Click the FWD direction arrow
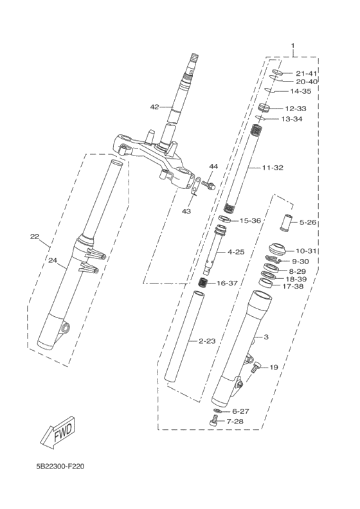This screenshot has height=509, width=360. click(x=59, y=433)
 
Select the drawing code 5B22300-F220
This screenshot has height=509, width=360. click(x=60, y=467)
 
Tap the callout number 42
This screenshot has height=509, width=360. click(x=154, y=107)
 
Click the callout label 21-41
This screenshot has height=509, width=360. click(x=306, y=73)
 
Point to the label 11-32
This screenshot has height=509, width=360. click(x=273, y=168)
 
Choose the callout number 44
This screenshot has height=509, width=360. click(x=213, y=166)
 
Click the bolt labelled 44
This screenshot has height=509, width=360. click(x=208, y=185)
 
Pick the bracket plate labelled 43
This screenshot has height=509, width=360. click(x=195, y=186)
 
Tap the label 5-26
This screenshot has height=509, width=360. click(x=307, y=222)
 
